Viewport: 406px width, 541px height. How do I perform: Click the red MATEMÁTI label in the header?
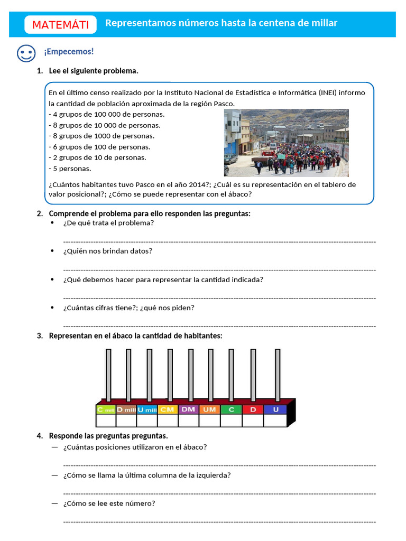click(60, 25)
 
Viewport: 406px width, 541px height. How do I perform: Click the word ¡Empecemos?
click(69, 51)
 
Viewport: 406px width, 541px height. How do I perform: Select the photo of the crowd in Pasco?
click(286, 143)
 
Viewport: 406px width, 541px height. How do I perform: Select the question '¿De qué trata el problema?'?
click(108, 223)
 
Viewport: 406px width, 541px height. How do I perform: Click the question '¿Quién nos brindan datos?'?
click(107, 251)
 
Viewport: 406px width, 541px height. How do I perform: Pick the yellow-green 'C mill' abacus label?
click(106, 409)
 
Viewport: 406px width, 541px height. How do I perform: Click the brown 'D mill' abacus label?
click(126, 409)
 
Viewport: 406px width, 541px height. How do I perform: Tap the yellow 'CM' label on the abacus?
click(168, 409)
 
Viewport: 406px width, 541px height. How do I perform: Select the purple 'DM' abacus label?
click(188, 409)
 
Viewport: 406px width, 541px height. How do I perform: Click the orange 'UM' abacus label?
click(209, 409)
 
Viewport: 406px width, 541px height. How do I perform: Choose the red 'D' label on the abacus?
click(253, 409)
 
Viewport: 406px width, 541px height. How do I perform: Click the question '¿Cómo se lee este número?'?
click(109, 503)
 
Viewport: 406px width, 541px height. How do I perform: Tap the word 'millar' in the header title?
click(323, 23)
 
